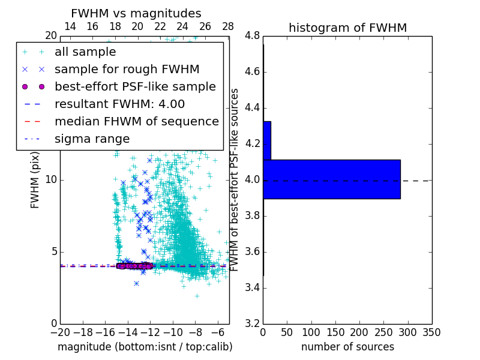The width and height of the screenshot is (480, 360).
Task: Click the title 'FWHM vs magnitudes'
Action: point(136,13)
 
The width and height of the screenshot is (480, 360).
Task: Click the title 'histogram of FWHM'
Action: point(347,28)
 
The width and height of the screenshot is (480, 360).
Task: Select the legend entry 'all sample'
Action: point(85,52)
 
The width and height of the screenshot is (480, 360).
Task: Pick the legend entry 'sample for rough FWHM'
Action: point(127,70)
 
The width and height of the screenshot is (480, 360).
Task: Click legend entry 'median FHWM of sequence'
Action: point(136,121)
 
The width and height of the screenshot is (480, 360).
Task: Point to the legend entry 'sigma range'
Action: point(92,139)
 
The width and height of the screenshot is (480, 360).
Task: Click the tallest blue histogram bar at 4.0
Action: point(331,179)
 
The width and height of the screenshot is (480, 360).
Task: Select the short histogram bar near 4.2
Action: point(267,140)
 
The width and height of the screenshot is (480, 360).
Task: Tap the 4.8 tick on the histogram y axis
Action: point(252,36)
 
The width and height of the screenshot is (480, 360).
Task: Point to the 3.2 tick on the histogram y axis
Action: point(252,323)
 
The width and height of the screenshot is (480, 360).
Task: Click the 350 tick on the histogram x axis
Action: point(431,332)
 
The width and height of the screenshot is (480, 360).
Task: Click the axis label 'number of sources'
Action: point(347,347)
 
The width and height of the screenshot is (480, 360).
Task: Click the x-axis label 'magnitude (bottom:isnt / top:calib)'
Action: point(145,347)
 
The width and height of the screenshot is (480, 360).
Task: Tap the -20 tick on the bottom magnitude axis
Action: point(60,332)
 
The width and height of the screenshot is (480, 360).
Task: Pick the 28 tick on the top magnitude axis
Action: point(228,26)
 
